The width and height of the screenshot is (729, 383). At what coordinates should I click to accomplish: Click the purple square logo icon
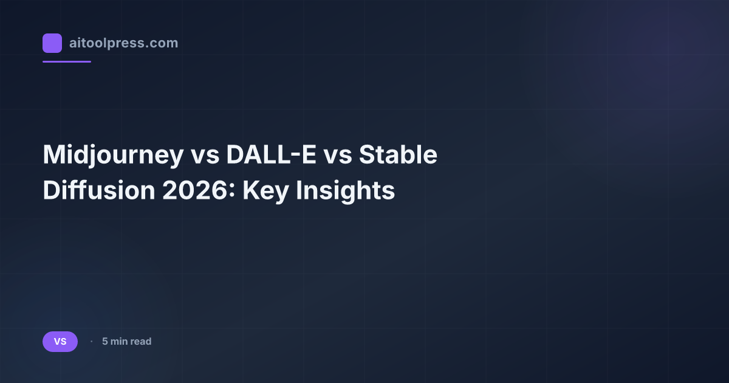pos(52,43)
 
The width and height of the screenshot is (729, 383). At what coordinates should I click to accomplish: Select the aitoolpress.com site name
pos(123,43)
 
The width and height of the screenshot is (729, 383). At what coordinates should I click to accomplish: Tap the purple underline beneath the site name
pos(67,61)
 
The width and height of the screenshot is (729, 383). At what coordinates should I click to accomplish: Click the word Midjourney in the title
pos(112,156)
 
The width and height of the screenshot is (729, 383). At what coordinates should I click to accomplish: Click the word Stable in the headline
pos(398,156)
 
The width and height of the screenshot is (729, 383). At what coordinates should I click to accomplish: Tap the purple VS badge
pos(60,342)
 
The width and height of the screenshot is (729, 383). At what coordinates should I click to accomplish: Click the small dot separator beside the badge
pos(91,342)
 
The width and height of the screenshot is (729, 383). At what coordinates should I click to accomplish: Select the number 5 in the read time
pos(105,342)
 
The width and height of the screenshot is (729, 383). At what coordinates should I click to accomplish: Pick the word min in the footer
pos(118,342)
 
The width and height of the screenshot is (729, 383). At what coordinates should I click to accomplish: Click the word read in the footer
pos(140,342)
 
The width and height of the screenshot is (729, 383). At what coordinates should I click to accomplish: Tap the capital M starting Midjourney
pos(54,156)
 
